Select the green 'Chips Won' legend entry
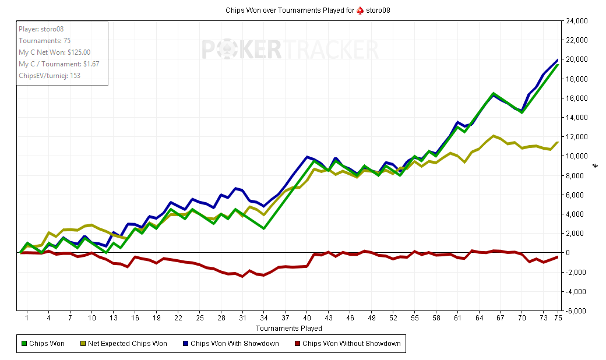click(44, 344)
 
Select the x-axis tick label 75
click(558, 319)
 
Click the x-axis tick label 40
click(307, 319)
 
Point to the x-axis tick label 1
click(27, 319)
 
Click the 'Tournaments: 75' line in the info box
click(45, 40)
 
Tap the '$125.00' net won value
click(79, 52)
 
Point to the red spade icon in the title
click(360, 10)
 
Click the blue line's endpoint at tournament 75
click(558, 59)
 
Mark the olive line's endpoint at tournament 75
click(558, 142)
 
